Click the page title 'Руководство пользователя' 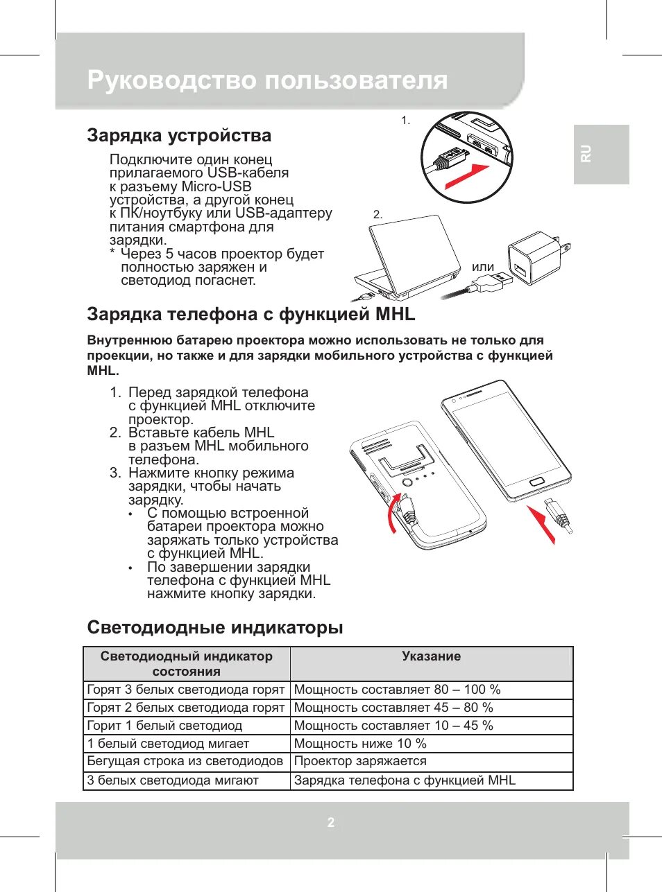point(267,80)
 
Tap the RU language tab point(586,153)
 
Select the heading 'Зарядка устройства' point(179,135)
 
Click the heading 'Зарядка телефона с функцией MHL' point(251,314)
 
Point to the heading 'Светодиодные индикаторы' point(215,627)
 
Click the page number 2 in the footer point(331,822)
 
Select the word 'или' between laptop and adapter point(483,267)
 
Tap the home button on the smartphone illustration point(536,481)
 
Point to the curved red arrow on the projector point(393,513)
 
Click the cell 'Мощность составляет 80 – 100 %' point(397,690)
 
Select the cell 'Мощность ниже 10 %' point(360,744)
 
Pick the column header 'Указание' point(431,656)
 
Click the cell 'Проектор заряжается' point(360,761)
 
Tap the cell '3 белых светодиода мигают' point(173,780)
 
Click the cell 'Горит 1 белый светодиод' point(164,726)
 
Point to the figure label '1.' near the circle point(405,121)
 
